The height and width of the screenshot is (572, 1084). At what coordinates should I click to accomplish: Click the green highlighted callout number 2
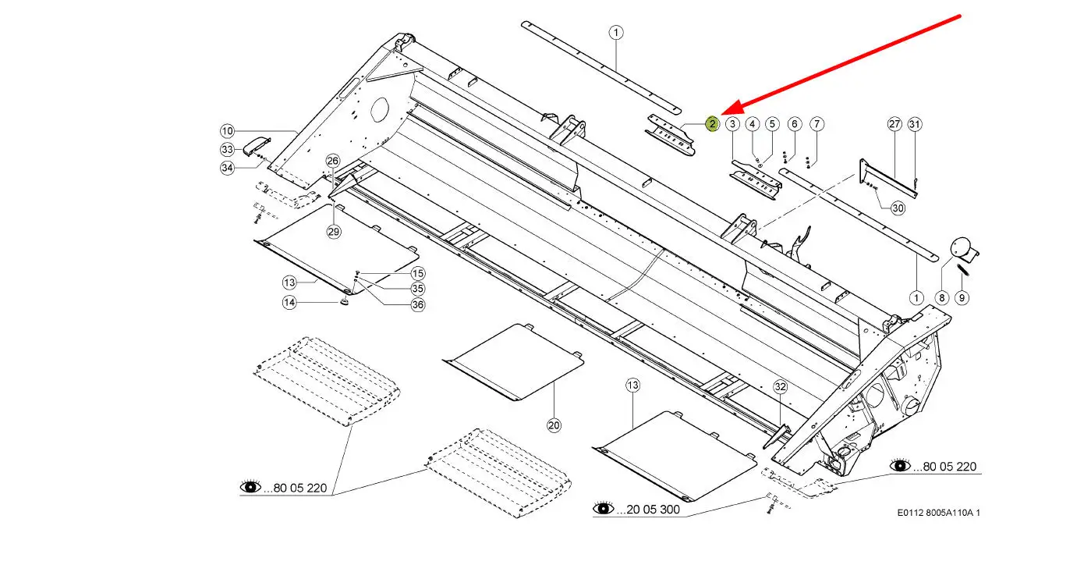coord(712,123)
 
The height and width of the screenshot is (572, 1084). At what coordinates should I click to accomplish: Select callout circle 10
coord(227,131)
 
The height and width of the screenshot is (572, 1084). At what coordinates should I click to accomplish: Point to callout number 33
coord(227,149)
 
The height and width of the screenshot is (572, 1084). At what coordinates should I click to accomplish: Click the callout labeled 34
coord(227,168)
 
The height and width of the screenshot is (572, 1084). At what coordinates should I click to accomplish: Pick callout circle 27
coord(894,124)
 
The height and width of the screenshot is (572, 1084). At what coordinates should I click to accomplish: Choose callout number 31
coord(915,124)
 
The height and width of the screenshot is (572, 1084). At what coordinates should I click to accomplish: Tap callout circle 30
coord(898,208)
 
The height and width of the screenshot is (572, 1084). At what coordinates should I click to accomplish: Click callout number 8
coord(941,297)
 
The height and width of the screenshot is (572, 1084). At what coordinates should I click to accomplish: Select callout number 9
coord(962,297)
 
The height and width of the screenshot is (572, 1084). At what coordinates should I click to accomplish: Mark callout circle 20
coord(554,425)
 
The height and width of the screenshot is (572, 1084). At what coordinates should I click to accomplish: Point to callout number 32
coord(781,386)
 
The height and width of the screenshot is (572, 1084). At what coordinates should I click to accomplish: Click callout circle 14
coord(289,303)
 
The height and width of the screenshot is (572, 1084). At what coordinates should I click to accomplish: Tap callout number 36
coord(418,304)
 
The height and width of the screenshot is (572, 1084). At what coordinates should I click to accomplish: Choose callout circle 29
coord(334,232)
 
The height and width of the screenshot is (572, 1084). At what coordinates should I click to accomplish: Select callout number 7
coord(817,124)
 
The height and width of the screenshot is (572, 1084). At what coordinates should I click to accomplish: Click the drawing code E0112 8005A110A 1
coord(938,513)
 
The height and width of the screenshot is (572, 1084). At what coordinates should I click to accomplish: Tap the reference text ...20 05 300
coord(648,510)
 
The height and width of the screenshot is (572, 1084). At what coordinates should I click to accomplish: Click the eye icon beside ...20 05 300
coord(604,509)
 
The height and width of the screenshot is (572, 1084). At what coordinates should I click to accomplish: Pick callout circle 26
coord(333,162)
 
